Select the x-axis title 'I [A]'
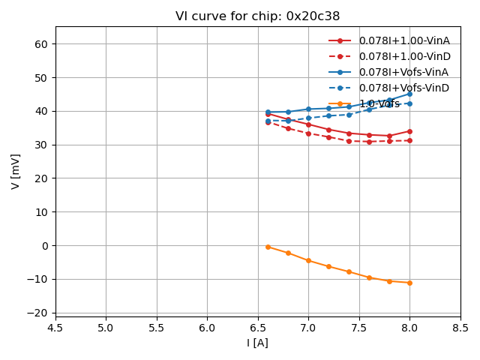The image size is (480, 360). [x=257, y=343]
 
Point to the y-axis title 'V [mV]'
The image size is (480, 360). [x=16, y=171]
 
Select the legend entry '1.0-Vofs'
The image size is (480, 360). [x=379, y=103]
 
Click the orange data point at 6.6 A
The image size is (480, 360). [x=268, y=247]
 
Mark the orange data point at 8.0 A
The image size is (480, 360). [x=409, y=283]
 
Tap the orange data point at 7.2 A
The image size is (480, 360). [x=328, y=266]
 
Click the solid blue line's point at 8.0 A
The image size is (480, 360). [x=409, y=94]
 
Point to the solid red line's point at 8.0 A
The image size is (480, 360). [x=409, y=131]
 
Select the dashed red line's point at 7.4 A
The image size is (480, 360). [x=349, y=141]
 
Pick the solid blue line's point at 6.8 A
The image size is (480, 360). [x=288, y=112]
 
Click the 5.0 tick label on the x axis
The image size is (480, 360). [x=106, y=328]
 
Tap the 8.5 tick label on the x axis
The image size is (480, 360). [x=460, y=328]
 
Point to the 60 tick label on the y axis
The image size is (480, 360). [x=42, y=44]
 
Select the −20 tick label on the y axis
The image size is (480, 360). [x=39, y=313]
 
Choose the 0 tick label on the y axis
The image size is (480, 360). [x=45, y=245]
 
